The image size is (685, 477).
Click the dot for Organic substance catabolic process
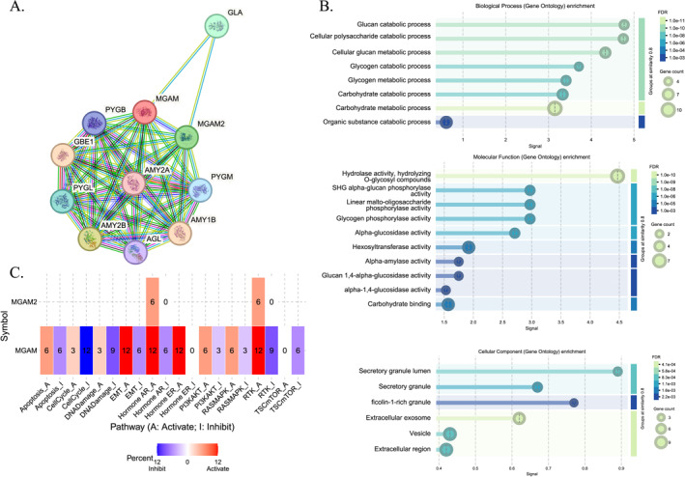(445, 122)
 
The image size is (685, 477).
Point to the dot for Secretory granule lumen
(618, 371)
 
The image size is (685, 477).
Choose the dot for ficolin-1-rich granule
(573, 403)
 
